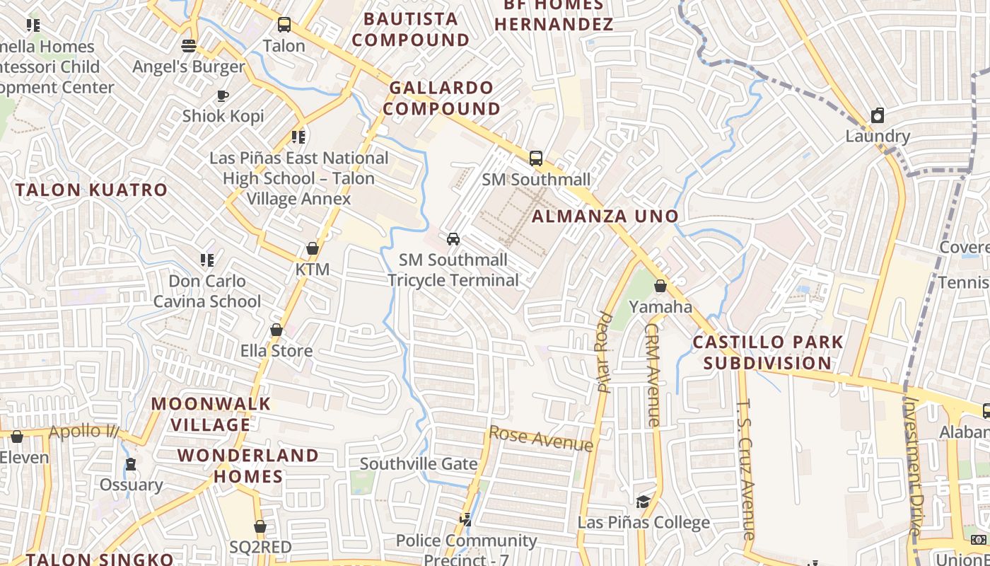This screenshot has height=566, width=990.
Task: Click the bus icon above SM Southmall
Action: (536, 158)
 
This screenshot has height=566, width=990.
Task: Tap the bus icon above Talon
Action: (284, 25)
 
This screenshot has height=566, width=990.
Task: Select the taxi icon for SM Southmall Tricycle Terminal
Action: (453, 239)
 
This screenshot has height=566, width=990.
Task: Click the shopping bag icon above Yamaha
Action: (660, 286)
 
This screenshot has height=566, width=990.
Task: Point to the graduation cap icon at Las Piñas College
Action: (643, 502)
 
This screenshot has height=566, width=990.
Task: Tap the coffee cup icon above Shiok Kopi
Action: (223, 96)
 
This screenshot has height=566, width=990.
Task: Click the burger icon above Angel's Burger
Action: (189, 46)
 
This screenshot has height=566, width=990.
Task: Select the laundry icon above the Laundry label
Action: (878, 115)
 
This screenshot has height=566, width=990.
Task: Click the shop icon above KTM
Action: (312, 248)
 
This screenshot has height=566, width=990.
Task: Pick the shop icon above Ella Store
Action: (276, 330)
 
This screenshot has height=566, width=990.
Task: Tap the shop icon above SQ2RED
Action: (260, 526)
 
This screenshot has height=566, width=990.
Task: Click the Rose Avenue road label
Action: (541, 439)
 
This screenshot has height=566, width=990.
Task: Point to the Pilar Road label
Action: (605, 352)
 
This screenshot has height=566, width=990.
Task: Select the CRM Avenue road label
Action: (652, 375)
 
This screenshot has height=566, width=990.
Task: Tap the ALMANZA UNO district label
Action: (605, 216)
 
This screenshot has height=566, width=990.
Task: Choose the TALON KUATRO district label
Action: (92, 190)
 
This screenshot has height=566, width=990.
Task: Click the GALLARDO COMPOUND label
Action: (442, 98)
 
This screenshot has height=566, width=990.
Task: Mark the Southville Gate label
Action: (419, 464)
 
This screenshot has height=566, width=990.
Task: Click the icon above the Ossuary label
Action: (130, 465)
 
